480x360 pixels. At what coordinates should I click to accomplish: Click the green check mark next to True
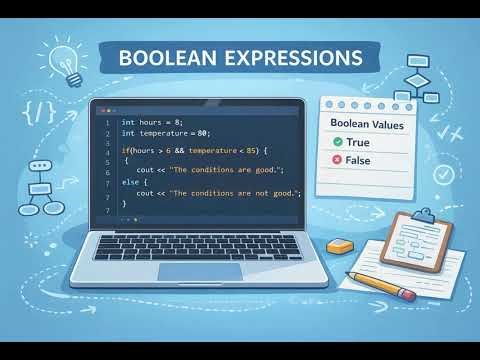pos(338,143)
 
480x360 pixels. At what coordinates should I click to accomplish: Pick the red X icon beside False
pos(338,160)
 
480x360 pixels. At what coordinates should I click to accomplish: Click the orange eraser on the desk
pos(340,246)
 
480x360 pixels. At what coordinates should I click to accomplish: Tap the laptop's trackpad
pos(200,270)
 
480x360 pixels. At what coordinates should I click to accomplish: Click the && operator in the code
pos(179,149)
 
